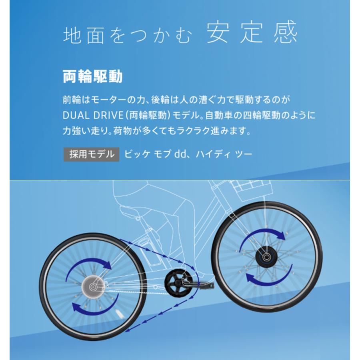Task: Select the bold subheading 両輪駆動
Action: (92, 76)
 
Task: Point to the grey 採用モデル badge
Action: (92, 154)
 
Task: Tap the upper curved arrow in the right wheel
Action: (263, 237)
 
